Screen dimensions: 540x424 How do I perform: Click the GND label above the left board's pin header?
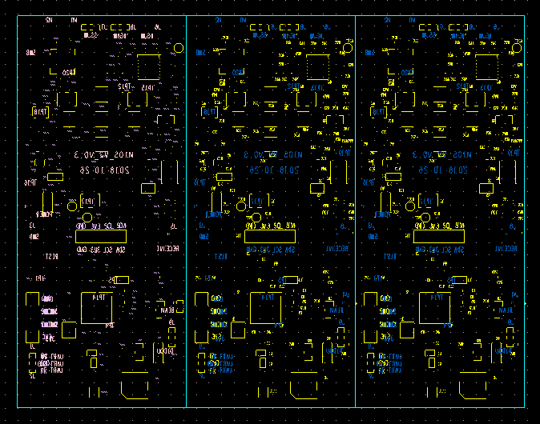click(82, 226)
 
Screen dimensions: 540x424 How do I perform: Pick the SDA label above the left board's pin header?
click(121, 226)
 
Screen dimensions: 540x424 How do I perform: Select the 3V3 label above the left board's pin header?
click(95, 226)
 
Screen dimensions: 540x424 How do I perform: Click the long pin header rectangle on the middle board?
click(270, 237)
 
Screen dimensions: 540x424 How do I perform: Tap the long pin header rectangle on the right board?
click(439, 237)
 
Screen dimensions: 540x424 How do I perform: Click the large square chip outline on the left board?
click(97, 308)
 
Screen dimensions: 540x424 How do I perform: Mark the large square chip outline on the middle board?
click(266, 308)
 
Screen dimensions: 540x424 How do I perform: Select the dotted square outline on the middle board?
click(317, 66)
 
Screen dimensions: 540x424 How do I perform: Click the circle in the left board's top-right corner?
click(178, 48)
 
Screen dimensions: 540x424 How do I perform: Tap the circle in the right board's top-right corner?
click(516, 48)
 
